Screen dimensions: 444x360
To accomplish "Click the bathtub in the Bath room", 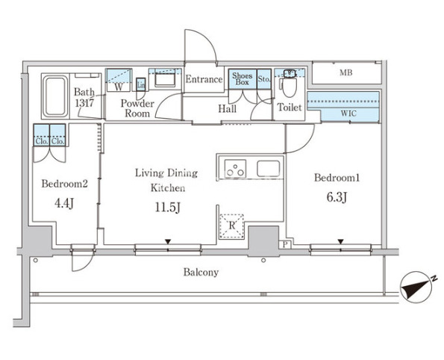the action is (55, 96).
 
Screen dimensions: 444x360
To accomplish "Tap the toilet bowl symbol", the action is (290, 87).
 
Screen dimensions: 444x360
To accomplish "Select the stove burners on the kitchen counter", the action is (235, 169).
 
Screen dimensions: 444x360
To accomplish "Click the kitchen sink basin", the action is (268, 169).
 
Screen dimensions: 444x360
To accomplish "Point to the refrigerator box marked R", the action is (232, 226).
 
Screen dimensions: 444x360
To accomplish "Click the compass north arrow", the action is (416, 288).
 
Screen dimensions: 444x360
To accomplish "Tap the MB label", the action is (346, 73).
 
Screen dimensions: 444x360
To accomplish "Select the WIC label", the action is (348, 114).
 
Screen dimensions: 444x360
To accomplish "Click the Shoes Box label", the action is (242, 79).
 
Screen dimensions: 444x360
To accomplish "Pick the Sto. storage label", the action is (264, 79).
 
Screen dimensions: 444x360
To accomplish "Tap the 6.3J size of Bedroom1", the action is (337, 197).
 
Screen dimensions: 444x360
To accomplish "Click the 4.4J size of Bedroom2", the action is (65, 203).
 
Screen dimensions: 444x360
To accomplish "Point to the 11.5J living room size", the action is (168, 207).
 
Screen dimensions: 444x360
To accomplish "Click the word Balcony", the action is (201, 273).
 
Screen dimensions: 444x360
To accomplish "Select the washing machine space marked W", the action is (119, 80).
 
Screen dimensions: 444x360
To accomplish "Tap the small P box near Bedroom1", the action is (285, 245).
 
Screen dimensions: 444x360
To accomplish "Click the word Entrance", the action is (204, 79).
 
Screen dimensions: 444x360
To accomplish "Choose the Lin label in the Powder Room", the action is (141, 84).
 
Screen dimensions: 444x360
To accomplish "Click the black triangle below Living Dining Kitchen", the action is (168, 242).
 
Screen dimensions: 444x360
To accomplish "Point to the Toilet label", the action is (290, 107).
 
